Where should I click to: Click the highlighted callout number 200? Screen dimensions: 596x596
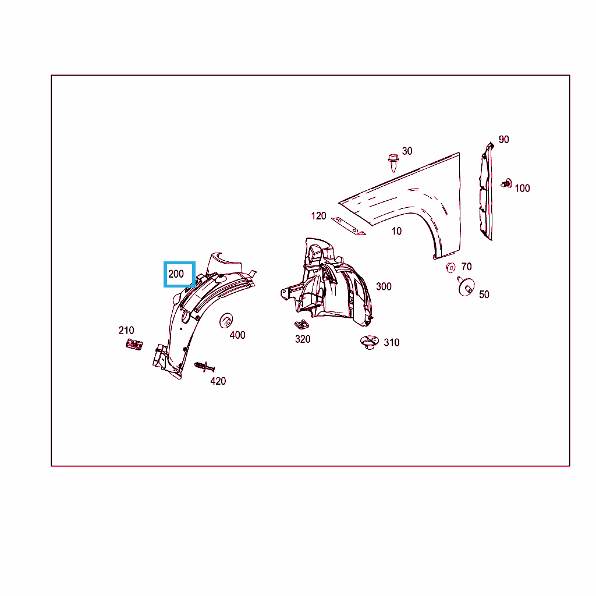point(176,274)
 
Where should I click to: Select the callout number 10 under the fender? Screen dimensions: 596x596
point(396,231)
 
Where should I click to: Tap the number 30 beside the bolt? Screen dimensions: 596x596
point(407,151)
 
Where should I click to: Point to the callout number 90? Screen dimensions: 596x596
point(503,140)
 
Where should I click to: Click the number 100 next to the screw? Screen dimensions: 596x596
point(522,188)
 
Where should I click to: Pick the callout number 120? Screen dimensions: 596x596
point(318,216)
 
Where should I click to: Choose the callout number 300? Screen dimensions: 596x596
point(384,286)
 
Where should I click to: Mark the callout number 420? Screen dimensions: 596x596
point(218,381)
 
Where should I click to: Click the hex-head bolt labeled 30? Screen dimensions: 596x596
point(393,163)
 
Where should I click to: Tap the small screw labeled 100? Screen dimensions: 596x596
point(506,183)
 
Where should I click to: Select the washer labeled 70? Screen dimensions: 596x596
point(450,268)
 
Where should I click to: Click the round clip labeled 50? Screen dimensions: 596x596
point(466,286)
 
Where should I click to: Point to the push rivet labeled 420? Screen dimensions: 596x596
point(204,367)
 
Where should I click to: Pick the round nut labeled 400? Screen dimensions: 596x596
point(226,321)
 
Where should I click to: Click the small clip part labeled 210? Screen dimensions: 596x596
point(134,345)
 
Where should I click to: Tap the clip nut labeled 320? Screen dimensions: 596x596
point(302,324)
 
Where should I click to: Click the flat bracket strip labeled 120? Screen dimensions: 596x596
point(348,226)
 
